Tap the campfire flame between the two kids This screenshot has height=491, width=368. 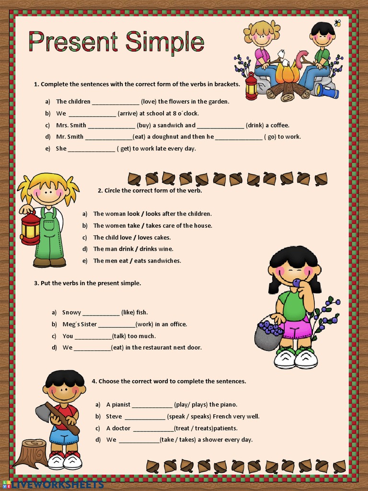click(x=287, y=73)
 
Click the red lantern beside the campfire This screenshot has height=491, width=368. click(x=251, y=86)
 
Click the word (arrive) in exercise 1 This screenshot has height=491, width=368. click(x=131, y=114)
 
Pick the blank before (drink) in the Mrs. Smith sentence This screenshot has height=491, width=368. click(x=220, y=126)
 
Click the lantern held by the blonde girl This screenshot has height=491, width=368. click(x=30, y=228)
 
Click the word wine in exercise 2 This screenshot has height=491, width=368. click(x=166, y=249)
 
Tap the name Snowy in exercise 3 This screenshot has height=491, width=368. click(x=71, y=313)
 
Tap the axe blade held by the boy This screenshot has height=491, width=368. click(x=43, y=412)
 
